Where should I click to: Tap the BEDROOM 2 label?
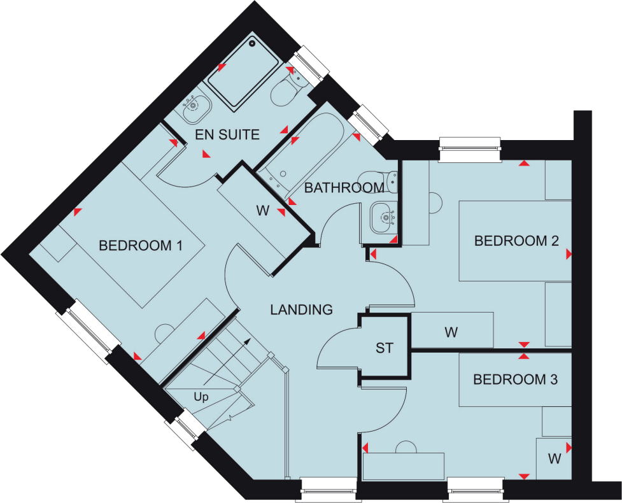click(516, 241)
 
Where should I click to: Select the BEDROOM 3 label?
click(515, 380)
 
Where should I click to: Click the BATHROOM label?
click(344, 188)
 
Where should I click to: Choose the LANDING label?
click(301, 310)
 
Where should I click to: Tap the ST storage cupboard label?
click(385, 348)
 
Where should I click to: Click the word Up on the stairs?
click(201, 397)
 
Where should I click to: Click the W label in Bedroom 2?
click(451, 332)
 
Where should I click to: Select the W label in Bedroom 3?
click(554, 458)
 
